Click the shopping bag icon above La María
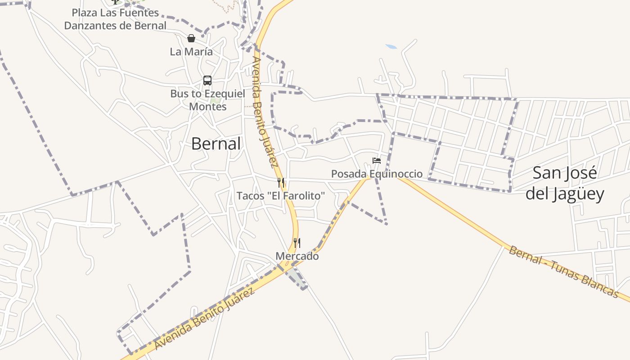point(191,38)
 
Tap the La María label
point(191,52)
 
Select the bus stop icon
point(207,81)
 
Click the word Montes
point(208,107)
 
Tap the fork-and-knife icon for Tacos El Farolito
point(281,182)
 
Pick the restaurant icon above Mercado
point(297,243)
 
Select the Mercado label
point(297,256)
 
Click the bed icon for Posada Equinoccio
point(377,161)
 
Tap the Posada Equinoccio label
point(377,174)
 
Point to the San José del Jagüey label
point(565,183)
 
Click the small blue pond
point(391,46)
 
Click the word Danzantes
point(90,26)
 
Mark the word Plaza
point(85,13)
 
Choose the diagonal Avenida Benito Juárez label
point(205,318)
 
